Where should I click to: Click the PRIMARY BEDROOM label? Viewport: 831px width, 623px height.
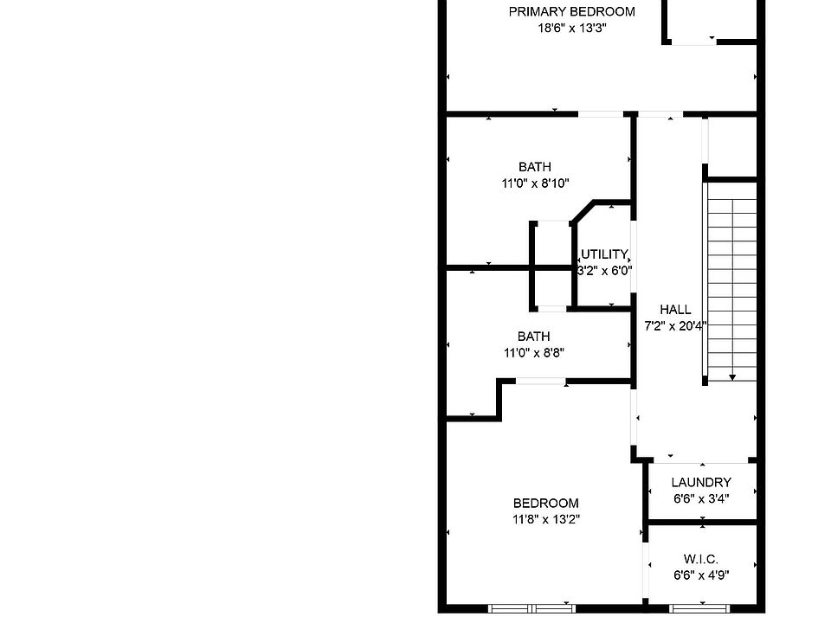(571, 12)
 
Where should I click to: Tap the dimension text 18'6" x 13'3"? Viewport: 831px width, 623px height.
(571, 28)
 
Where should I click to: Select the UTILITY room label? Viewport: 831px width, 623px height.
(604, 254)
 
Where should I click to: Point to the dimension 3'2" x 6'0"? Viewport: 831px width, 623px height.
(604, 270)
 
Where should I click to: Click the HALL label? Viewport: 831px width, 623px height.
(675, 310)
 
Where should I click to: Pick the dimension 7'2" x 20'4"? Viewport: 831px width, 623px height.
(675, 326)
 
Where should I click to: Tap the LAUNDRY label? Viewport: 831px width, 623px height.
(701, 483)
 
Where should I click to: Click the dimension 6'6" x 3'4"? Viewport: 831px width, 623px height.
(701, 498)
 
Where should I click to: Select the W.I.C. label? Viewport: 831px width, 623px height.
(701, 560)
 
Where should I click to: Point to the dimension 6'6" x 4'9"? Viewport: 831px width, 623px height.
(701, 575)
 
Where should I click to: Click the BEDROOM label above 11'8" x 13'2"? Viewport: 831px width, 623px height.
(545, 504)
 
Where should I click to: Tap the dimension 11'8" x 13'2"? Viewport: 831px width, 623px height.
(545, 520)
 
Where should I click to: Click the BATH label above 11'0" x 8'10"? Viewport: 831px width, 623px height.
(534, 167)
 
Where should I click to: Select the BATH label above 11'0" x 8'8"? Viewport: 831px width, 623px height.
(533, 337)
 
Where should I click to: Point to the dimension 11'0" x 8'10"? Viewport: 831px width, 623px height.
(534, 183)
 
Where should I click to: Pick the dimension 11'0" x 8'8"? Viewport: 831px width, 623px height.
(533, 353)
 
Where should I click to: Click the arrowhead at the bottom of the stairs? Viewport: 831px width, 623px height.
(732, 376)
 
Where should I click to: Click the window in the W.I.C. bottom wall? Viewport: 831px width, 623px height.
(701, 608)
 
